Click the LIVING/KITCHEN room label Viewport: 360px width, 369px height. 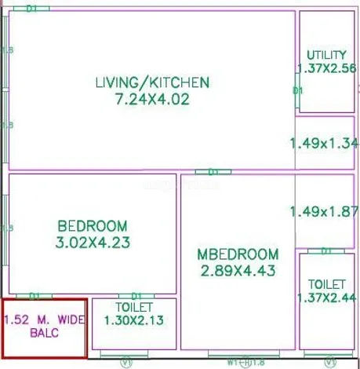pyautogui.click(x=152, y=82)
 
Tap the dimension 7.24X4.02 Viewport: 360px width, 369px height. pyautogui.click(x=151, y=99)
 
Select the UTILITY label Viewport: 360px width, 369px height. pyautogui.click(x=326, y=55)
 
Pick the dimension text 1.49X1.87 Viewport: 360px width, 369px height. pyautogui.click(x=324, y=211)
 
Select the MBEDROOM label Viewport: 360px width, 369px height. pyautogui.click(x=238, y=254)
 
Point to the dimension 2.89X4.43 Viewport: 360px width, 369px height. pyautogui.click(x=238, y=271)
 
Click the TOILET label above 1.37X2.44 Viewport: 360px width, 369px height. pyautogui.click(x=327, y=283)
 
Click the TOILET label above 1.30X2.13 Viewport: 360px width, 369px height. pyautogui.click(x=134, y=306)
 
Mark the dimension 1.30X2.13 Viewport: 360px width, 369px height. pyautogui.click(x=135, y=320)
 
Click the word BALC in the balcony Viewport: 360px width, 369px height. pyautogui.click(x=44, y=333)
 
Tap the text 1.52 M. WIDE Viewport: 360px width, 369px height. pyautogui.click(x=44, y=320)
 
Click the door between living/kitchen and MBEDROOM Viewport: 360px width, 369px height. pyautogui.click(x=208, y=171)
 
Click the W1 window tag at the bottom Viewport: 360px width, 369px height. pyautogui.click(x=233, y=363)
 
